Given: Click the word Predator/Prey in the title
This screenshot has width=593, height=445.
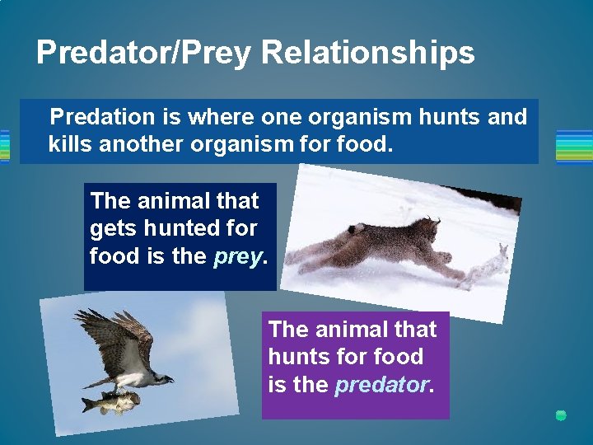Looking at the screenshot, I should pos(145,53).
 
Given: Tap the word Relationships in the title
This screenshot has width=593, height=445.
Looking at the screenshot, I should pos(368,53).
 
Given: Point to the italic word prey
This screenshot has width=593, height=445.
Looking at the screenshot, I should pos(238,256).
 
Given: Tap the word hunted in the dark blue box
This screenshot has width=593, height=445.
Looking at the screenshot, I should pos(176,228).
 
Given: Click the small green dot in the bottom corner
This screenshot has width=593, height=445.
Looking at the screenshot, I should pos(561,415).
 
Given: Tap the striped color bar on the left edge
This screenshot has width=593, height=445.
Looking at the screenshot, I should pos(4,146).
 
